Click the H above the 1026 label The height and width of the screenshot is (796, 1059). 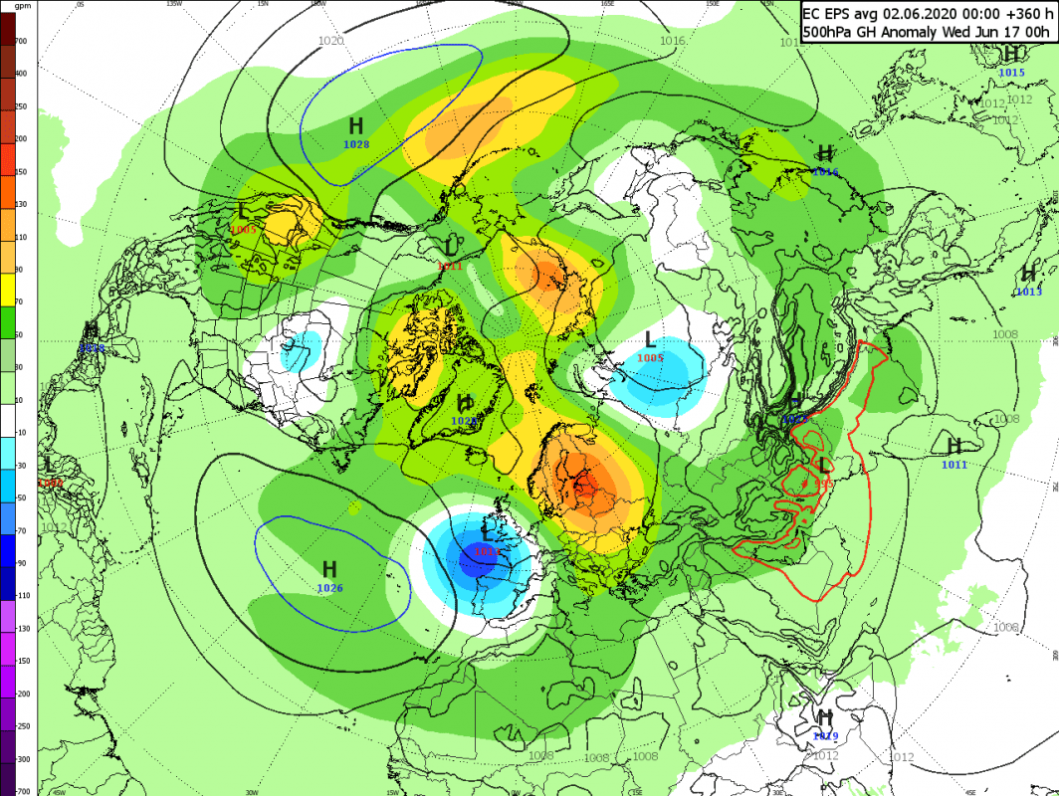click(x=329, y=569)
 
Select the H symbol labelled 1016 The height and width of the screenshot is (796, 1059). click(x=824, y=153)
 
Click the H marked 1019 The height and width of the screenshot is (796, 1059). click(x=824, y=717)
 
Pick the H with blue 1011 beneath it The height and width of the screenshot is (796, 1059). click(x=953, y=446)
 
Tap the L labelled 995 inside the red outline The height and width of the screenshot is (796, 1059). click(x=823, y=466)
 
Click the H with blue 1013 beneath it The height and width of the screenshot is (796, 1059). click(x=1028, y=274)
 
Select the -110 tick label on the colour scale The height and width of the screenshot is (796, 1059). click(x=21, y=595)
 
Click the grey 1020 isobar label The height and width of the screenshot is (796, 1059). click(x=330, y=41)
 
